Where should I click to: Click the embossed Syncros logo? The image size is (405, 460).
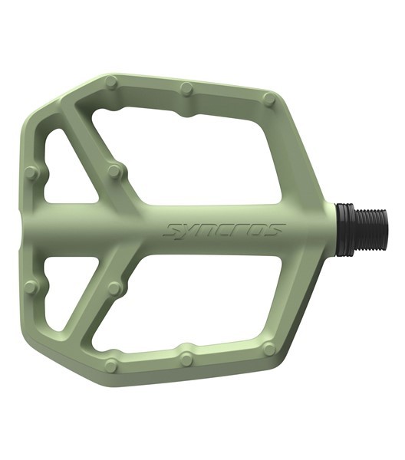coord(225,230)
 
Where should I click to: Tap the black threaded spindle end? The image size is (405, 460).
coord(371,229)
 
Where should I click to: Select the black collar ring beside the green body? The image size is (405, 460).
coord(345,229)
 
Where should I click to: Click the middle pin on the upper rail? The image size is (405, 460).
coord(187,88)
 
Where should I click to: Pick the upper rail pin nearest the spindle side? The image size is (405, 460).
coord(269,99)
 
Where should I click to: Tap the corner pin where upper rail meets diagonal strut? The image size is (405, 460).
coord(112,81)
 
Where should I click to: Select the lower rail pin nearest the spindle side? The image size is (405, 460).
coord(269,348)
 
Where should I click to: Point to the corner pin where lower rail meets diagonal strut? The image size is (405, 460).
coord(112,366)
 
